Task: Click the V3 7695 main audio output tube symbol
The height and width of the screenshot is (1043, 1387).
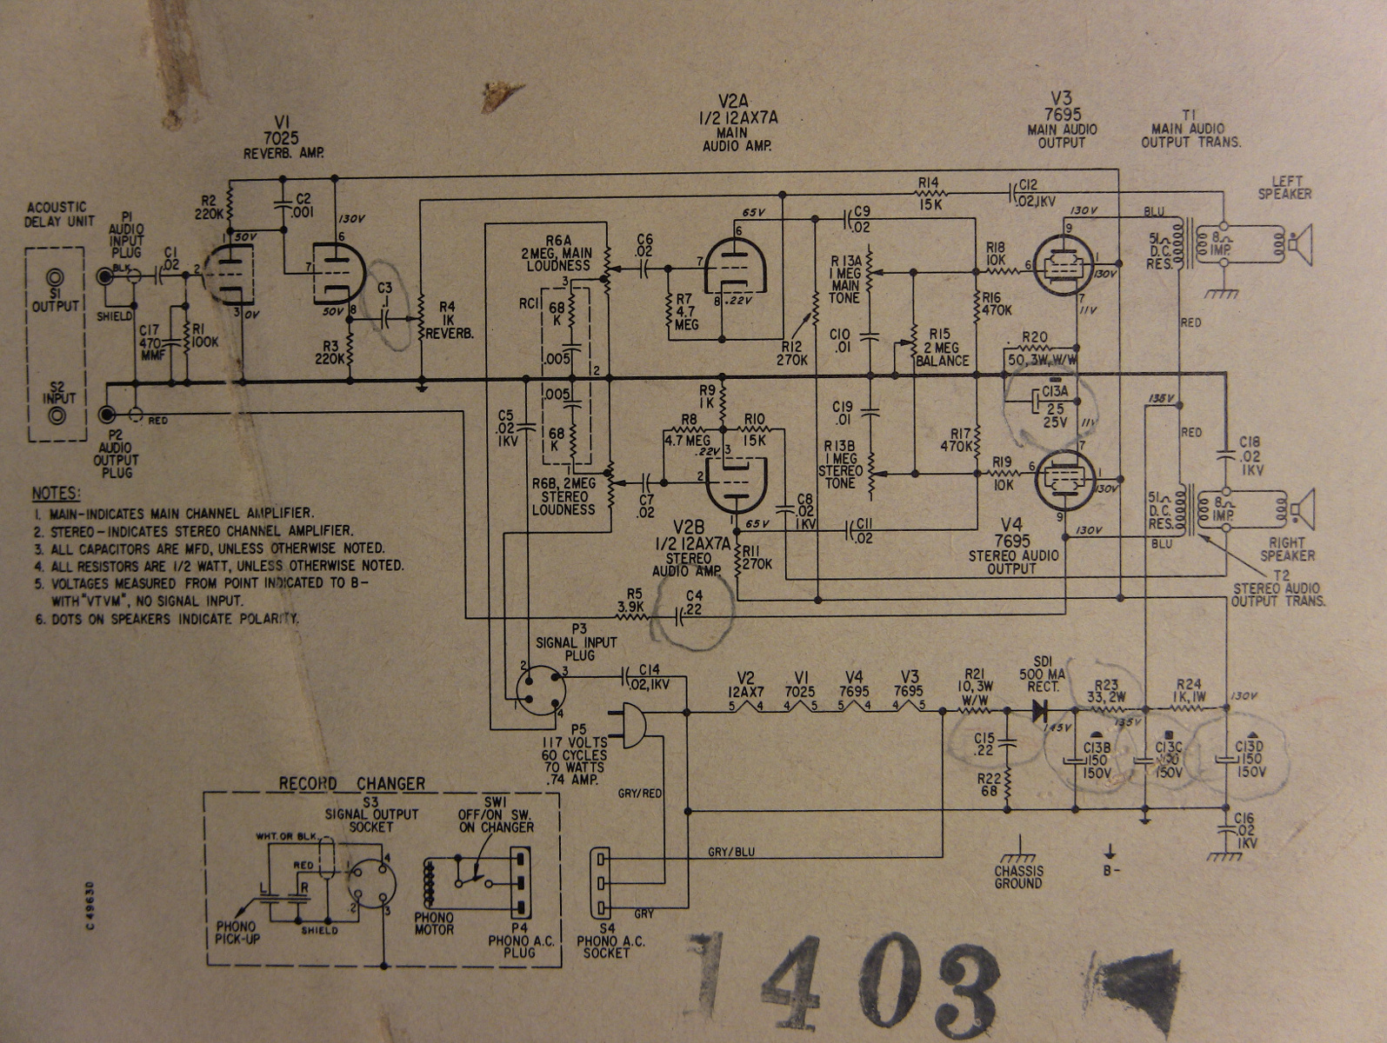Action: coord(1064,265)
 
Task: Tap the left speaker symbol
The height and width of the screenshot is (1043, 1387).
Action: coord(1300,246)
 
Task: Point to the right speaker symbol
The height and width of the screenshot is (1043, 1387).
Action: coord(1302,508)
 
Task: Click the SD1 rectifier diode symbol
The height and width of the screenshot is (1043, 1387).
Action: coord(1040,710)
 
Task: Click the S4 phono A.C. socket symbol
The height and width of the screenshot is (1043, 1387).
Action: coord(601,883)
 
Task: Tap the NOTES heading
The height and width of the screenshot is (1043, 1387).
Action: coord(56,494)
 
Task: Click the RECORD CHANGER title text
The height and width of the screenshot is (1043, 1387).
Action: coord(351,784)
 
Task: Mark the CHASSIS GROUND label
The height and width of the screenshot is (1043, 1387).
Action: coord(1018,876)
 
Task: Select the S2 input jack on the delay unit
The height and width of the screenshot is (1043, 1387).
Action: coord(57,416)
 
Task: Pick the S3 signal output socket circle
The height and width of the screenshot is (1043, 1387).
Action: coord(371,884)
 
